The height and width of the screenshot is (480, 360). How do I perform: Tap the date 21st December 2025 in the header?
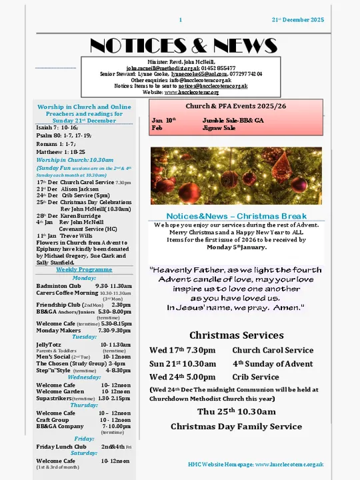tap(297, 21)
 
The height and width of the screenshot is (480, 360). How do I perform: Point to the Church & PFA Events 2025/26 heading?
tap(237, 106)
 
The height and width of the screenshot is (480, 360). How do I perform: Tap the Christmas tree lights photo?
tap(236, 175)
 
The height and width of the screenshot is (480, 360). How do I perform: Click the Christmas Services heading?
tap(236, 335)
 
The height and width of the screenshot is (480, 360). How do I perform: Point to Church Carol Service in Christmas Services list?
tap(273, 350)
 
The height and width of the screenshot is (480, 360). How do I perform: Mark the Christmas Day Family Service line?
tap(236, 426)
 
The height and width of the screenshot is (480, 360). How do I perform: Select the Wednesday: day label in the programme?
tap(84, 377)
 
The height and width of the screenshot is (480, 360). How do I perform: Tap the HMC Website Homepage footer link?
tap(256, 463)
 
